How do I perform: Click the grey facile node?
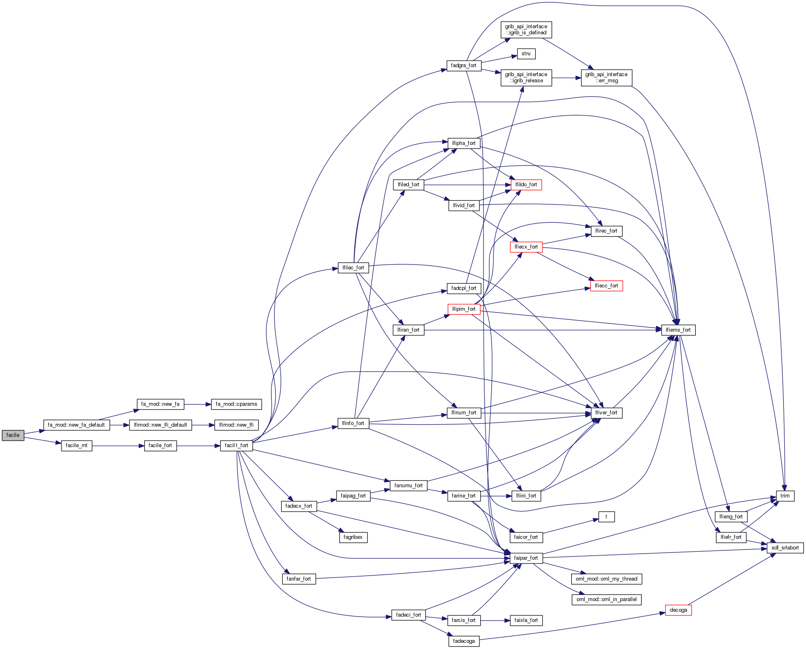point(13,435)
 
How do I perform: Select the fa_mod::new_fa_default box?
point(76,425)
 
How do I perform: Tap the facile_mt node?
point(76,445)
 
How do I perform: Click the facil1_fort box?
point(236,445)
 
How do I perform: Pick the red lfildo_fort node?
point(526,185)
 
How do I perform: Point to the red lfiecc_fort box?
point(606,286)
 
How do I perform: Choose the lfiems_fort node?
point(678,330)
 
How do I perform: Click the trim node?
point(785,496)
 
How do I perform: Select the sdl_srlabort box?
point(785,548)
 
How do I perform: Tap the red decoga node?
point(678,610)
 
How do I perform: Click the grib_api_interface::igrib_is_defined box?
point(526,29)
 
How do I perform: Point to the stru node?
point(526,54)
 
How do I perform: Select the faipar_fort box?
point(526,558)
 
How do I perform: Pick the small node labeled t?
point(606,517)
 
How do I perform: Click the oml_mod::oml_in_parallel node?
point(606,599)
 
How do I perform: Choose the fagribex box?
point(353,537)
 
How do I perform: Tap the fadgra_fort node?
point(463,66)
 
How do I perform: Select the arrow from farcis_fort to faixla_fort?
point(495,620)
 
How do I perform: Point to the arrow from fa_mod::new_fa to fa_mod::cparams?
point(198,404)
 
